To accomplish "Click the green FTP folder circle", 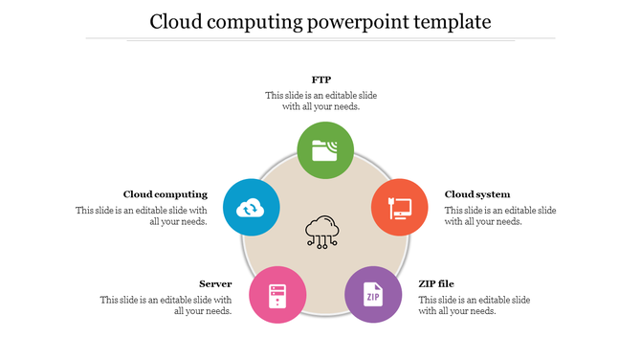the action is click(325, 150).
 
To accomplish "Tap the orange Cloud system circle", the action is click(399, 207).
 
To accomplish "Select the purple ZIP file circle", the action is click(372, 295).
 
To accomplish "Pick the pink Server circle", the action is click(277, 295).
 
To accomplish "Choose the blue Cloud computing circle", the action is click(251, 207).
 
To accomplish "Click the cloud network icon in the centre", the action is click(323, 232).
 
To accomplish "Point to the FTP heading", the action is click(321, 79).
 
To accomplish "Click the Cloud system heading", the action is click(477, 194).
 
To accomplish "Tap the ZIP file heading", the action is click(436, 283).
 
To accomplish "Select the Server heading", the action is click(215, 283).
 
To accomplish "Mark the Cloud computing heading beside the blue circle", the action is click(166, 194).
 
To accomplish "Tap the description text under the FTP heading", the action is click(321, 101).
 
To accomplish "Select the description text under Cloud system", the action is click(499, 215).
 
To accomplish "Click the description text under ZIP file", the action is click(474, 304).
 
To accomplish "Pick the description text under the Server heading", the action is click(166, 304).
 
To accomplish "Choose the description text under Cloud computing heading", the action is click(142, 215).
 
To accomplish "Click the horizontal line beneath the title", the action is click(320, 39).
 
